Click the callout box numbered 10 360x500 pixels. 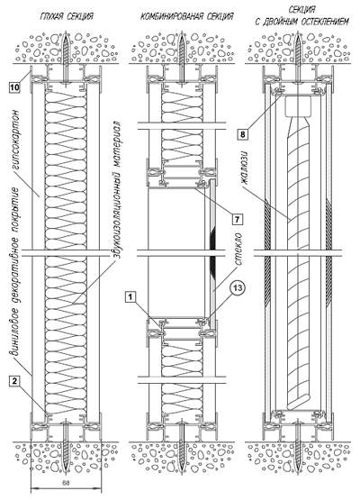pyautogui.click(x=14, y=86)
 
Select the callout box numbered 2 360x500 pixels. pyautogui.click(x=14, y=380)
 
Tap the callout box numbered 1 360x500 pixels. pyautogui.click(x=130, y=297)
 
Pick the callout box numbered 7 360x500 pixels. pyautogui.click(x=237, y=219)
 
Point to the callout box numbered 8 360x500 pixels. pyautogui.click(x=243, y=134)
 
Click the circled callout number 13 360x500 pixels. pyautogui.click(x=238, y=288)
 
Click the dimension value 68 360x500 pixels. pyautogui.click(x=66, y=483)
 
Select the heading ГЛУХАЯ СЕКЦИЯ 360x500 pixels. pyautogui.click(x=67, y=16)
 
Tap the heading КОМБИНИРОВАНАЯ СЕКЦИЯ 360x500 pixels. pyautogui.click(x=186, y=16)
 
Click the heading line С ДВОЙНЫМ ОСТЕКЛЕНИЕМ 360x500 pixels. pyautogui.click(x=301, y=22)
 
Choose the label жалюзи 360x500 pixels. pyautogui.click(x=245, y=167)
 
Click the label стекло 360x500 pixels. pyautogui.click(x=238, y=250)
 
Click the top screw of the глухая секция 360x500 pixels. pyautogui.click(x=66, y=57)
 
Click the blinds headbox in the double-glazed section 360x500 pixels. pyautogui.click(x=298, y=106)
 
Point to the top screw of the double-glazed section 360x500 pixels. pyautogui.click(x=298, y=57)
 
